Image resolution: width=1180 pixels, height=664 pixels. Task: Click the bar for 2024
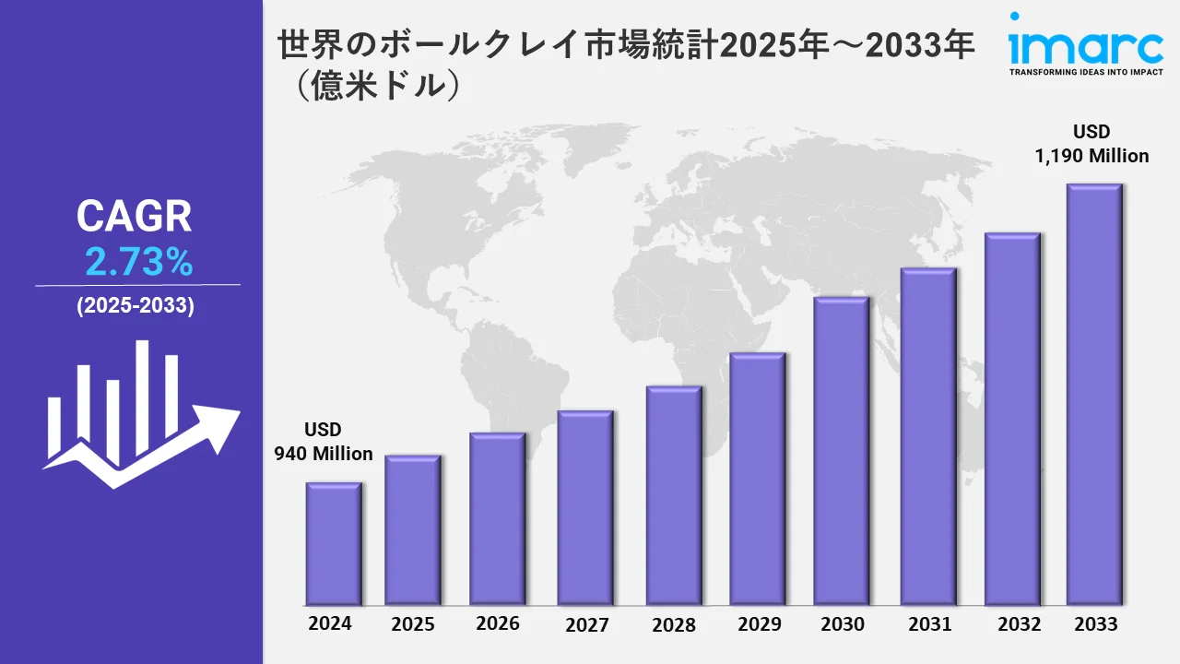click(334, 543)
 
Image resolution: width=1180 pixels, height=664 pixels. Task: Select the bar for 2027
click(585, 507)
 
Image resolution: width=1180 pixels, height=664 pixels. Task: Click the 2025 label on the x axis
click(413, 624)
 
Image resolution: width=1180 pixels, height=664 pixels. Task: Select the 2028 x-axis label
click(674, 624)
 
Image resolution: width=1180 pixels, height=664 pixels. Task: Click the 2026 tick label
click(498, 623)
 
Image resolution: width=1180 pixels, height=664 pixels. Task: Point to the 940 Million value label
click(324, 454)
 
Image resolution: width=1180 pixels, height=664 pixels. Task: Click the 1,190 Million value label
click(1092, 156)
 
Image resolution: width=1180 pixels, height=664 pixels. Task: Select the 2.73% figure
click(138, 264)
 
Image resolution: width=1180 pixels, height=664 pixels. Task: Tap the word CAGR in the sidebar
click(135, 217)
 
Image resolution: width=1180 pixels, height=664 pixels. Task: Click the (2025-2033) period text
click(136, 306)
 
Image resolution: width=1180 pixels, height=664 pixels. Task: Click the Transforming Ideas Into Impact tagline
click(1086, 72)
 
